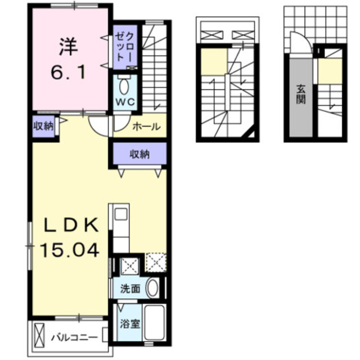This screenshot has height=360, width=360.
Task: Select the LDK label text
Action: tap(73, 226)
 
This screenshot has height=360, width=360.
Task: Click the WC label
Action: tap(124, 102)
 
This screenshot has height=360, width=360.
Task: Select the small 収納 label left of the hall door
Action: tap(43, 127)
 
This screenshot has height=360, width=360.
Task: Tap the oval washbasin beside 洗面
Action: tap(152, 289)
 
